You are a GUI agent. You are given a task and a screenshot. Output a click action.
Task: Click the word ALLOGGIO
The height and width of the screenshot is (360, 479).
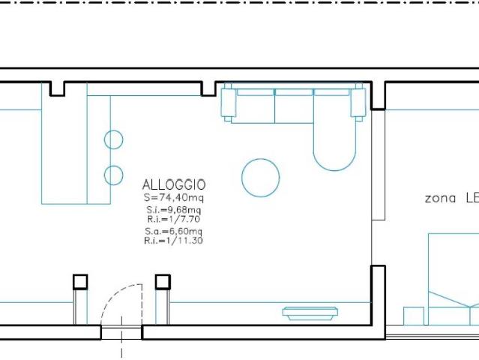coord(174,185)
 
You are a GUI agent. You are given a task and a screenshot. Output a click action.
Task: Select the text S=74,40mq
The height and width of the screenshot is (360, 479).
coord(173,198)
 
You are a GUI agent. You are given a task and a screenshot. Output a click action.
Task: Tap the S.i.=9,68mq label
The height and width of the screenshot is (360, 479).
coord(173,210)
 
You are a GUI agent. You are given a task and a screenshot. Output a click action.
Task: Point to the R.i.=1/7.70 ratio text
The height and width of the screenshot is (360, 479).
coord(173,219)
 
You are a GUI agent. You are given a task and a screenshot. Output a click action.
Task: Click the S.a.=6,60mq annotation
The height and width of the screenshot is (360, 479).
coord(173,231)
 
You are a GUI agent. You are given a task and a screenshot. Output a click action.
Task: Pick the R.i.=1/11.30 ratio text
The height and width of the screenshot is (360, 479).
coord(173,241)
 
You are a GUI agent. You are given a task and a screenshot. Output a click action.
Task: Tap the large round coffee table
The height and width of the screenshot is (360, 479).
coord(261,178)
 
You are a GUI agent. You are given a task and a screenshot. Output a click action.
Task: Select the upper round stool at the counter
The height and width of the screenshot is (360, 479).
coord(114,139)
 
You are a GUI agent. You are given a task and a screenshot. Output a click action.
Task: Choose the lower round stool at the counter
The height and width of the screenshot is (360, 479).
coord(114,175)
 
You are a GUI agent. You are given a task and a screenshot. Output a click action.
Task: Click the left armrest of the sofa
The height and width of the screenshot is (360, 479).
coord(229,103)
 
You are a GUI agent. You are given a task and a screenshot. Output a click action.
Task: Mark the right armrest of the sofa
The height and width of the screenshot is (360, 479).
coord(358,103)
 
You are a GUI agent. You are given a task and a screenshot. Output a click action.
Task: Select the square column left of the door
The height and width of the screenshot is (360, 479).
coord(80,282)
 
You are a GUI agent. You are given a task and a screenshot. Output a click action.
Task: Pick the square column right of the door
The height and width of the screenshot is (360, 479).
coord(163,282)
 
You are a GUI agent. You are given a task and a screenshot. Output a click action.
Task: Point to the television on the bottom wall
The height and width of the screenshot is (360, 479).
coord(310,313)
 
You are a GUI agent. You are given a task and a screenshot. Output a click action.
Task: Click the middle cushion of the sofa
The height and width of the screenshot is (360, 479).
coord(294,106)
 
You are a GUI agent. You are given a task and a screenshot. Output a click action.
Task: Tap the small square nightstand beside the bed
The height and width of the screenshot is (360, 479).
coord(414,316)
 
